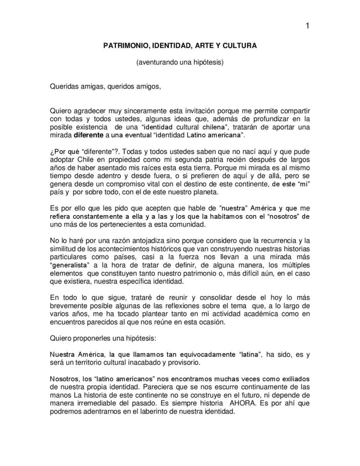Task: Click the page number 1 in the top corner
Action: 308,25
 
